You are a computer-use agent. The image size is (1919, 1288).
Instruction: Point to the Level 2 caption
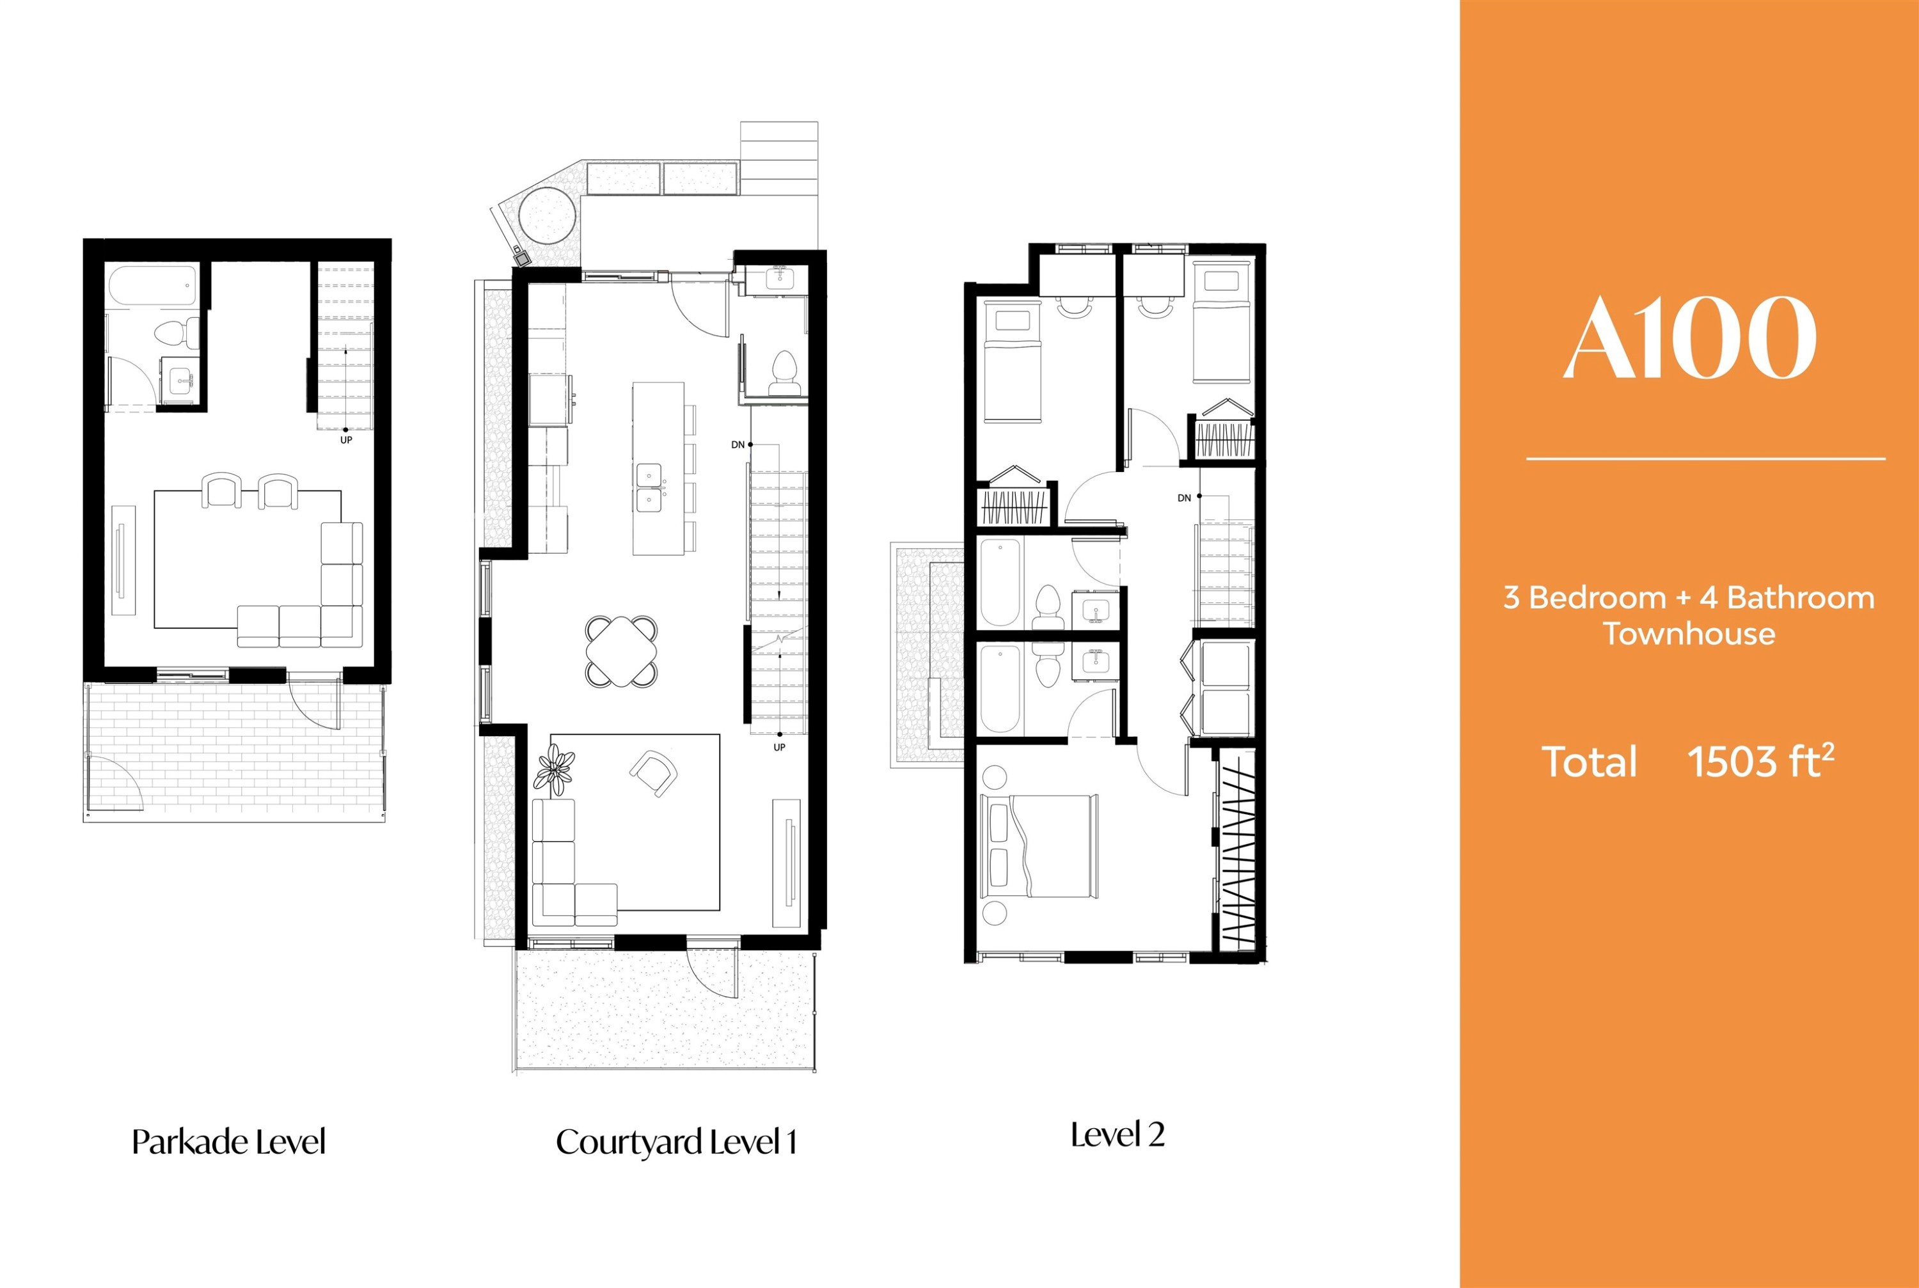(x=1117, y=1135)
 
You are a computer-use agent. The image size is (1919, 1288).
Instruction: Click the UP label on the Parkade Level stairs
(x=346, y=440)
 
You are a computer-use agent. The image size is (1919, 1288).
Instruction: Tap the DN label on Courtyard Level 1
(x=738, y=444)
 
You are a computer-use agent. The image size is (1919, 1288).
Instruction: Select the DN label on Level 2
(x=1184, y=498)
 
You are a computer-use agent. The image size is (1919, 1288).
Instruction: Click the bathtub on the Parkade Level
(x=153, y=286)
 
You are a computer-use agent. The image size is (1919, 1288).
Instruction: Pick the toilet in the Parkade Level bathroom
(x=177, y=333)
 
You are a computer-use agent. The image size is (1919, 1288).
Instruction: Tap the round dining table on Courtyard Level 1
(x=622, y=652)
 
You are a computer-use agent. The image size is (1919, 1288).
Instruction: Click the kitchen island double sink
(x=649, y=488)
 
